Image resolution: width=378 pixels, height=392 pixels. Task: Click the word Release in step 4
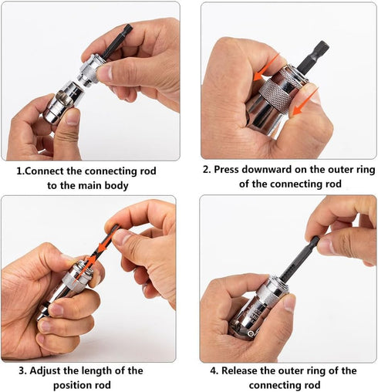click(242, 370)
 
